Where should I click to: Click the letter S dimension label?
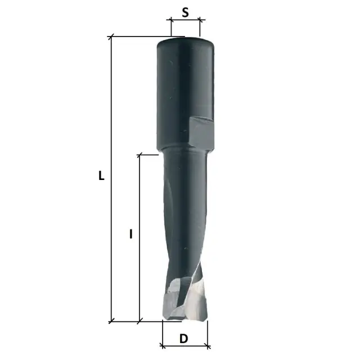[x=185, y=12]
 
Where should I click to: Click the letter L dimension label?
[x=101, y=175]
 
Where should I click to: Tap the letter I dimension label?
[x=131, y=234]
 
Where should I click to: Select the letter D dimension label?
[x=184, y=339]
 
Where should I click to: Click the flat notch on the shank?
[x=202, y=132]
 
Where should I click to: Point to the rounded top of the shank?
[x=186, y=41]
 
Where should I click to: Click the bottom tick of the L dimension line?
[x=111, y=321]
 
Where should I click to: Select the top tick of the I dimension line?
[x=139, y=155]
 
